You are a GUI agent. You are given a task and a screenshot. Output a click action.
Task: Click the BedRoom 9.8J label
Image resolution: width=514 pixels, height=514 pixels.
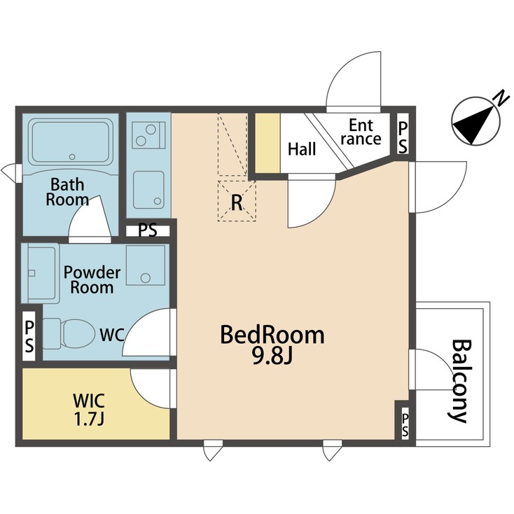272,345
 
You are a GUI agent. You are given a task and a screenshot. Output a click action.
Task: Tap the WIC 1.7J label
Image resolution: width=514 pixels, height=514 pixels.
89,410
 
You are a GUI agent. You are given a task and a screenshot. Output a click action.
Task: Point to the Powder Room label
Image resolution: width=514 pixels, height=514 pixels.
92,279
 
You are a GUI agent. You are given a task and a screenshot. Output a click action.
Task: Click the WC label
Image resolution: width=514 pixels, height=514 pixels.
111,335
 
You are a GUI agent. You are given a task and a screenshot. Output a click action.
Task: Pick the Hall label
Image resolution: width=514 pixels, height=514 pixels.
302,149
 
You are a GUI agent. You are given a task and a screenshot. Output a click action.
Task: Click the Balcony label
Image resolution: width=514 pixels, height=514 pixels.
459,381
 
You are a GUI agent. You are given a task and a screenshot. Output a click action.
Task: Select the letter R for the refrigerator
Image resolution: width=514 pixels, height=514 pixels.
237,204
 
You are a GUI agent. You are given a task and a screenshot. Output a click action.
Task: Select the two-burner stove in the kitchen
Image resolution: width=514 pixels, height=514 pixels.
149,133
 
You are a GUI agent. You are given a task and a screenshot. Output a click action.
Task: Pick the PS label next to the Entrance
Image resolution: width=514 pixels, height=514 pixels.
404,136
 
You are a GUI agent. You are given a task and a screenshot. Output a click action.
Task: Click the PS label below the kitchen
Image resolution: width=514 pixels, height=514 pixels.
147,230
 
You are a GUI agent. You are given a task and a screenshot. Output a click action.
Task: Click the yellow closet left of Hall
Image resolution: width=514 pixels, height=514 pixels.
267,142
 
